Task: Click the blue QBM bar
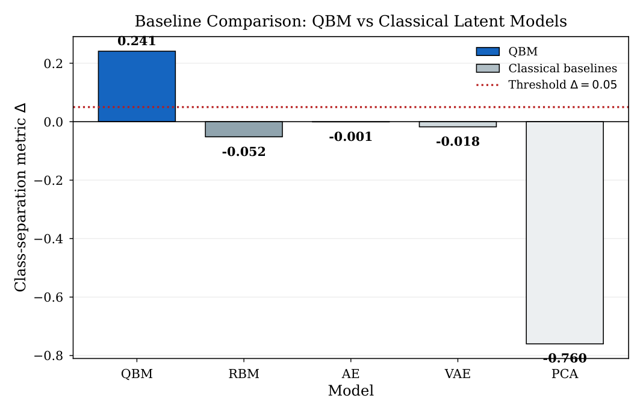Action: tap(137, 86)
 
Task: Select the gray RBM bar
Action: tap(244, 129)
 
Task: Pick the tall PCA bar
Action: tap(565, 232)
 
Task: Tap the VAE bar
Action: tap(458, 124)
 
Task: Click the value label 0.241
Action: tap(137, 42)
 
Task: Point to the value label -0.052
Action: tap(244, 152)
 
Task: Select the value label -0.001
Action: tap(350, 137)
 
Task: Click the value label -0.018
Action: tap(458, 142)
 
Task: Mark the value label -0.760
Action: tap(565, 359)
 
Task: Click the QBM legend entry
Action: tap(523, 52)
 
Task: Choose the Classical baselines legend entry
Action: tap(562, 69)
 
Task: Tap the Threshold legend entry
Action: tap(562, 85)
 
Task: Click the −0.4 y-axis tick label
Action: tap(54, 239)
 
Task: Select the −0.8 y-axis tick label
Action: tap(54, 356)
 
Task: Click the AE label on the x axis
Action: tap(350, 374)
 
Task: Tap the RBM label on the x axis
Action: tap(244, 374)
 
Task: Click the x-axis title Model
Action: tap(350, 391)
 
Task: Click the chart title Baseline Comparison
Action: tap(350, 22)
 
